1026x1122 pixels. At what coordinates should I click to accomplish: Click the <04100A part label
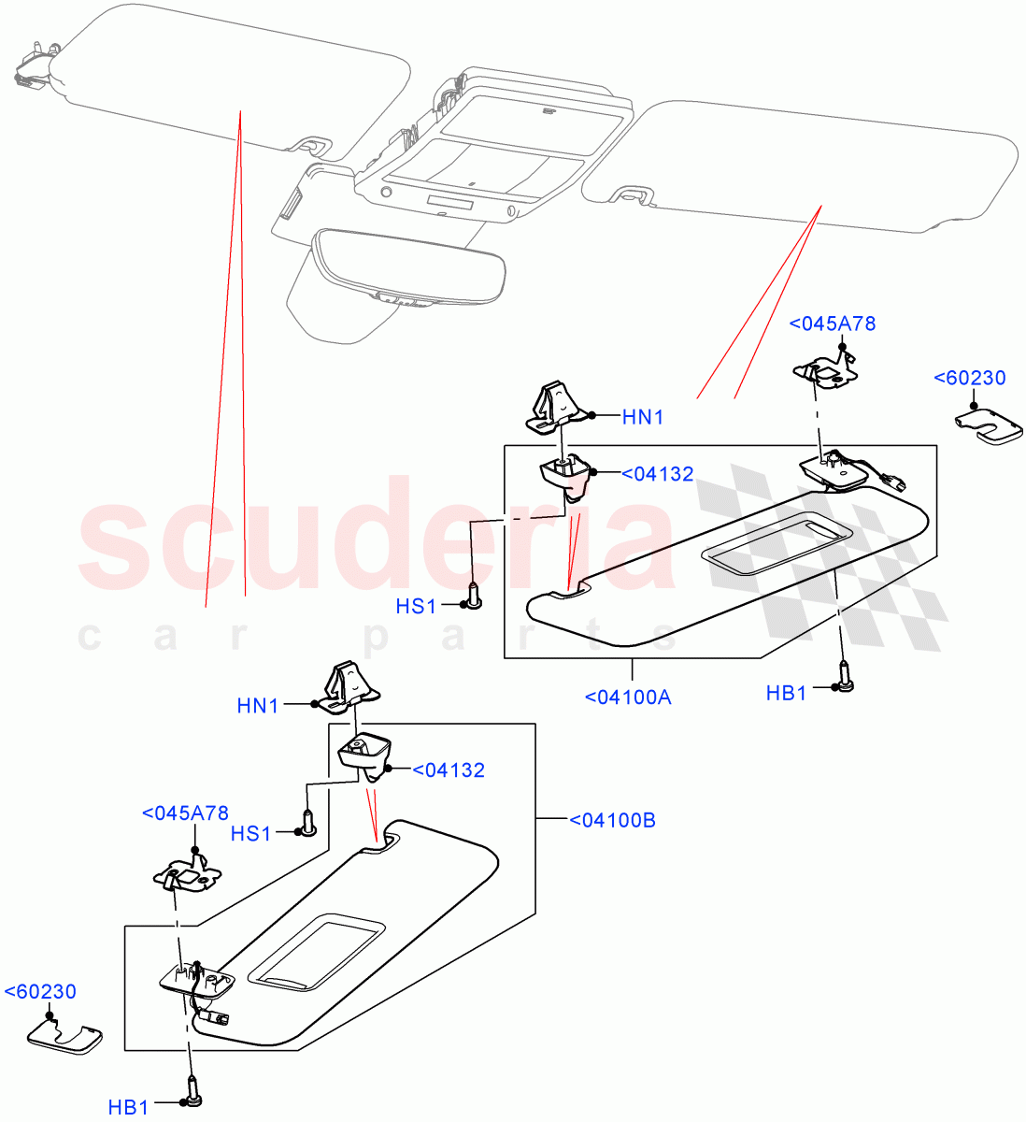pyautogui.click(x=628, y=697)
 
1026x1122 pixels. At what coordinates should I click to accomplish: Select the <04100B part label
pyautogui.click(x=612, y=821)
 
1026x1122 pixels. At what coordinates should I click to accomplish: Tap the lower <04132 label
pyautogui.click(x=449, y=770)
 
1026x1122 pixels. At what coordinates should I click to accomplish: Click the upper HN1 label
pyautogui.click(x=643, y=417)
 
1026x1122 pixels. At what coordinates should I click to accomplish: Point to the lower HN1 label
pyautogui.click(x=258, y=706)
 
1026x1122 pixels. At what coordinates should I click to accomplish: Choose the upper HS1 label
pyautogui.click(x=416, y=606)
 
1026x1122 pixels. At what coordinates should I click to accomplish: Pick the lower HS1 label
pyautogui.click(x=250, y=832)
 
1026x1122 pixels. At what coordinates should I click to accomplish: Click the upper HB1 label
pyautogui.click(x=786, y=693)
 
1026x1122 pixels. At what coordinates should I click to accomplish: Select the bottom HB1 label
pyautogui.click(x=128, y=1108)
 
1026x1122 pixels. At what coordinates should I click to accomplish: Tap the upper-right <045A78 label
pyautogui.click(x=833, y=324)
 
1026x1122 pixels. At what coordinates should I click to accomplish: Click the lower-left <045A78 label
pyautogui.click(x=185, y=813)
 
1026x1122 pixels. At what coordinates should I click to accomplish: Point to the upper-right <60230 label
pyautogui.click(x=970, y=379)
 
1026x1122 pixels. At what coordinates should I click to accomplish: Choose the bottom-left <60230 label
pyautogui.click(x=41, y=991)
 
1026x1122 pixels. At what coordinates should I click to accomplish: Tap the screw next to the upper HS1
pyautogui.click(x=474, y=596)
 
